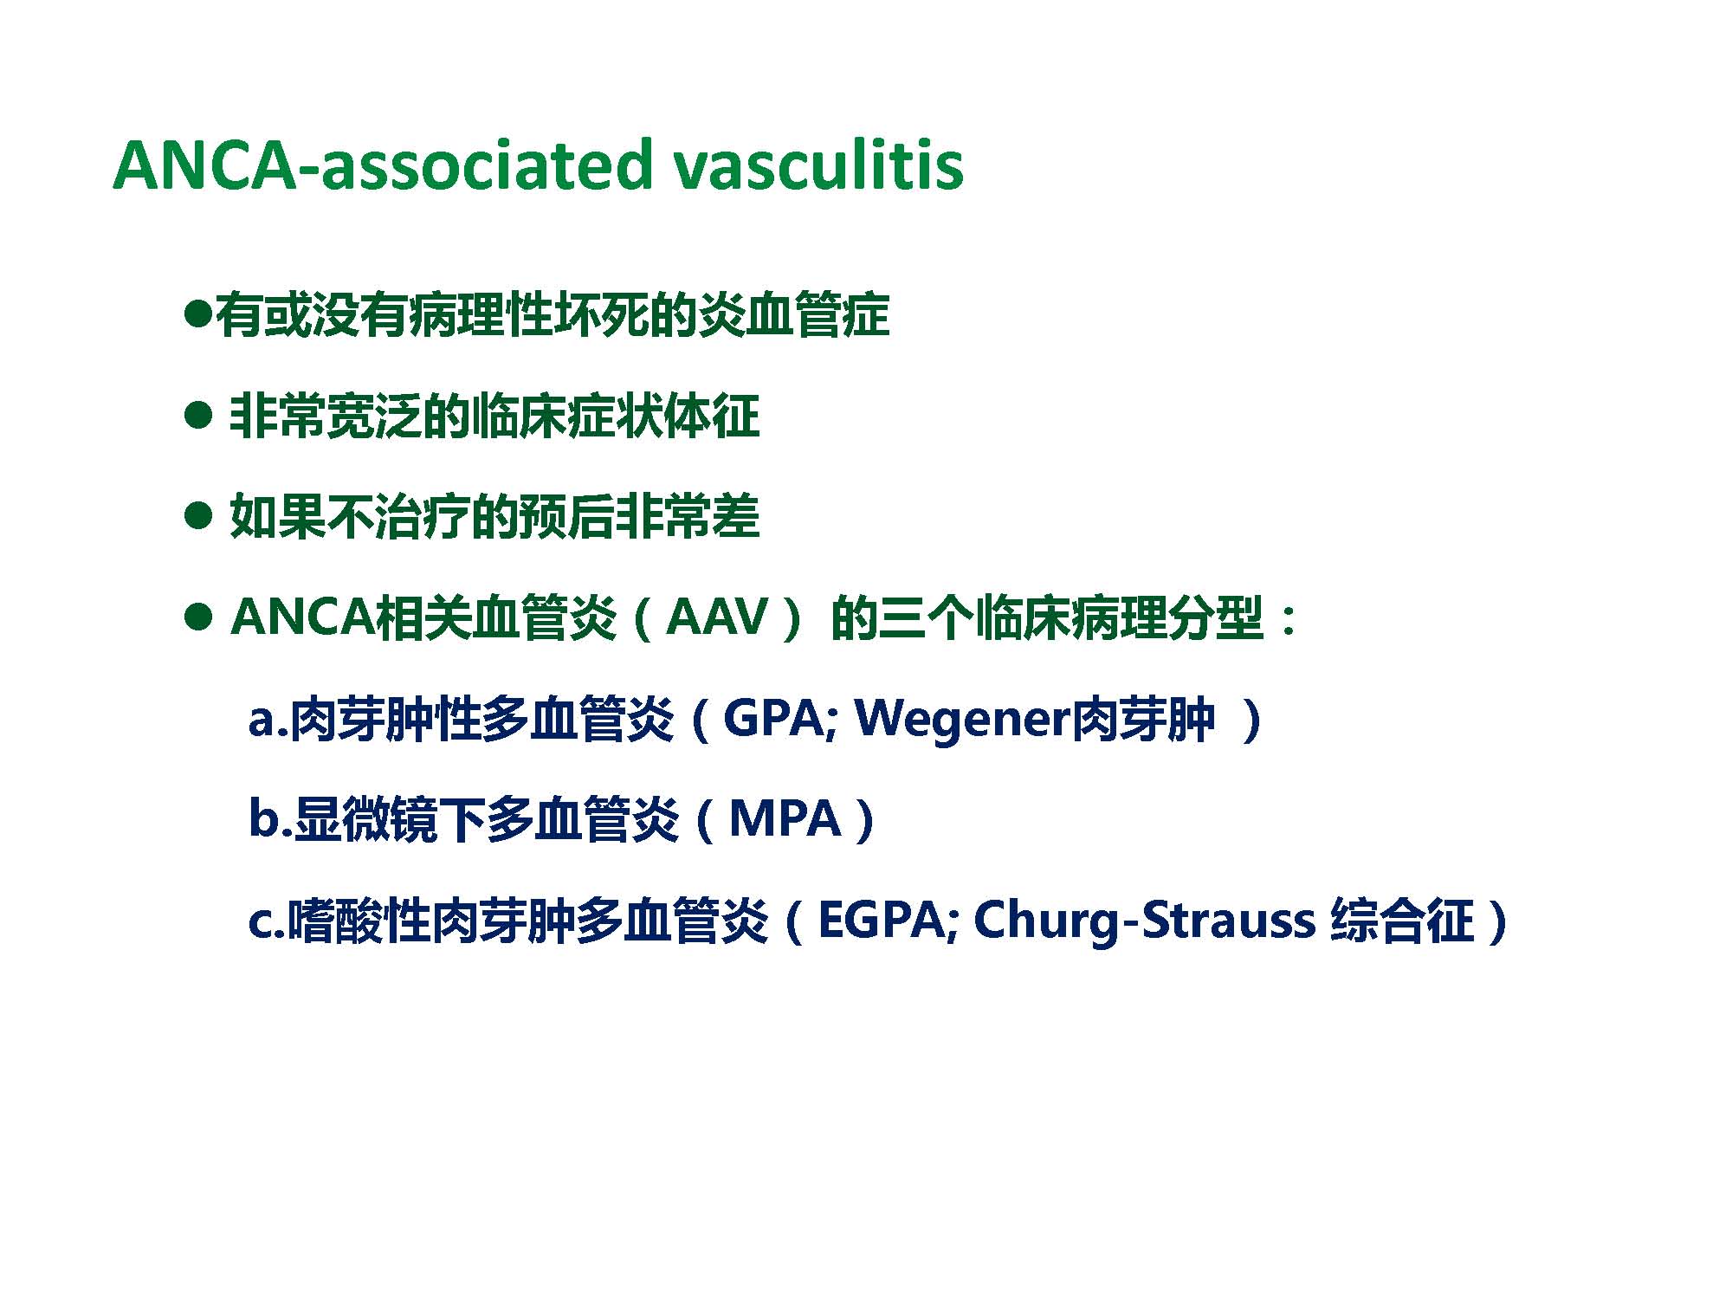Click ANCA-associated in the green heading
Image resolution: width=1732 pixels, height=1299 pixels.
click(x=381, y=165)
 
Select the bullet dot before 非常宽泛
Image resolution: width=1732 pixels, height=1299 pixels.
click(x=198, y=416)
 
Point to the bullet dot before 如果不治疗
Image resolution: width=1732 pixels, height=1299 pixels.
click(x=198, y=517)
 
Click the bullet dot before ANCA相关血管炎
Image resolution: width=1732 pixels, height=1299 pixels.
click(x=198, y=617)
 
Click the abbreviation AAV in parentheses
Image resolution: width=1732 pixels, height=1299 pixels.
click(x=718, y=618)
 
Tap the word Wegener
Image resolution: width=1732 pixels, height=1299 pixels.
click(x=962, y=720)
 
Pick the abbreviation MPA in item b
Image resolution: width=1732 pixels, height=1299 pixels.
click(x=785, y=818)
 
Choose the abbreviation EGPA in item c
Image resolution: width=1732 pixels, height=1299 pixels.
click(x=881, y=919)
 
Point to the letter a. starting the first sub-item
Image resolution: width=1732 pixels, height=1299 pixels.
click(x=268, y=721)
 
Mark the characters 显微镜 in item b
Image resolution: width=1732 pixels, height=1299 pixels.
click(x=365, y=819)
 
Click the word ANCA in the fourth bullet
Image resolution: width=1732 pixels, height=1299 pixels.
click(x=303, y=618)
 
